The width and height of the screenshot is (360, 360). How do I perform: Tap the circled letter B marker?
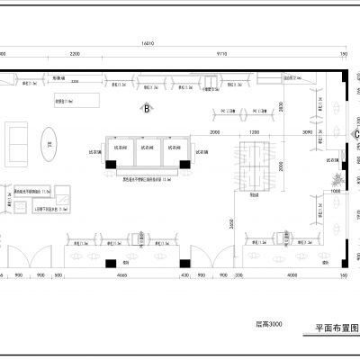click(145, 110)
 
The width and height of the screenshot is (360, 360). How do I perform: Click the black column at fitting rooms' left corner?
click(109, 166)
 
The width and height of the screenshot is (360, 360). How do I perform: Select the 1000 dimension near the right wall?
click(335, 190)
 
